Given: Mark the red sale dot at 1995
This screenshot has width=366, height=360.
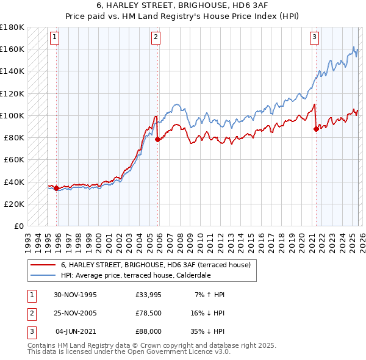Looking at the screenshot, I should coord(57,188).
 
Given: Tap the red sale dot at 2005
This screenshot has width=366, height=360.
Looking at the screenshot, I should coord(158,139).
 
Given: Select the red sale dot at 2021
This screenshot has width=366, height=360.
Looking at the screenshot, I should coord(316,129).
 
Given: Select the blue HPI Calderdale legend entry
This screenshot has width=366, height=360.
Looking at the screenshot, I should coord(135,275).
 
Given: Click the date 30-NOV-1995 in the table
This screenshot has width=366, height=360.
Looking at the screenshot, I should coord(75,295).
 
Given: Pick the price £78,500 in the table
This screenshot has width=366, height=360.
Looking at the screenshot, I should coord(148,313).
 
